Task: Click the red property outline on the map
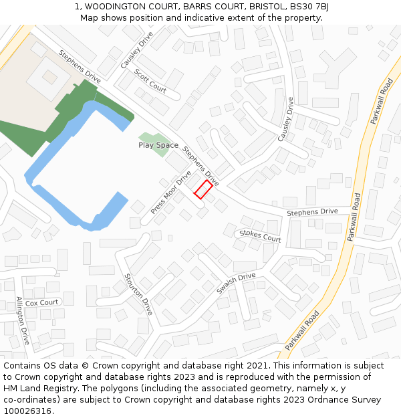pos(203,190)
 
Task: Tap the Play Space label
pos(158,145)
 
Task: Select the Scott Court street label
pos(150,80)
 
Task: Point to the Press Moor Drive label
pos(170,192)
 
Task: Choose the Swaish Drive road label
pos(236,284)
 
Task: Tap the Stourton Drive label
pos(138,294)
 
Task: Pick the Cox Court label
pos(42,302)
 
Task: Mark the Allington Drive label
pos(23,320)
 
